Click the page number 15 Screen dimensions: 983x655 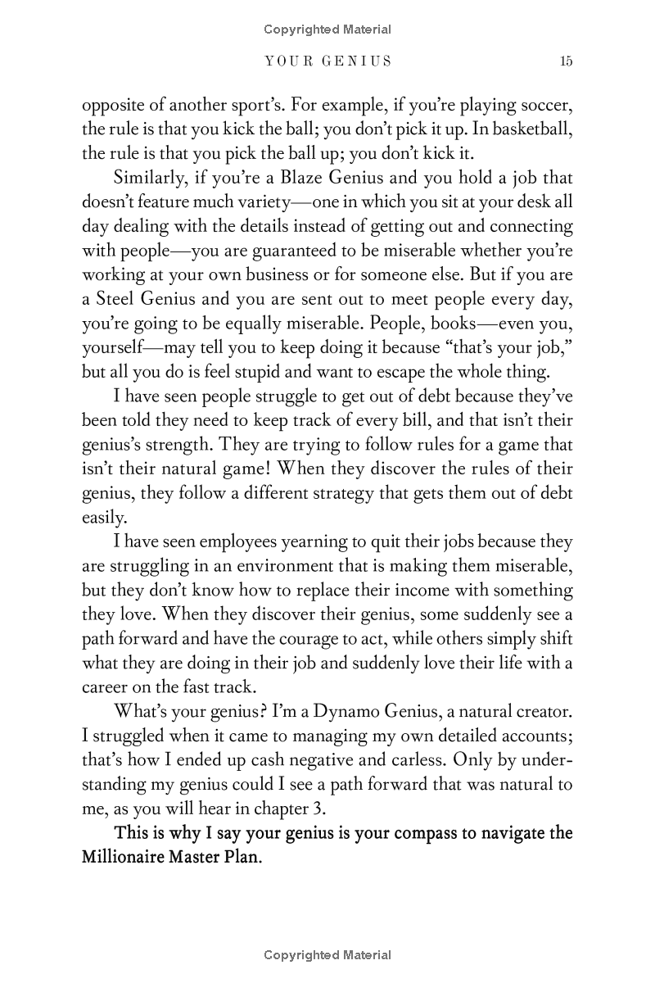pyautogui.click(x=566, y=61)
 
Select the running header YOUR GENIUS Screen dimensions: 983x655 pyautogui.click(x=327, y=61)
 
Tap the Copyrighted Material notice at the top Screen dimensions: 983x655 pyautogui.click(x=327, y=29)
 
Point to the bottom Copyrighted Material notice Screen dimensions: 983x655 pyautogui.click(x=327, y=955)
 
